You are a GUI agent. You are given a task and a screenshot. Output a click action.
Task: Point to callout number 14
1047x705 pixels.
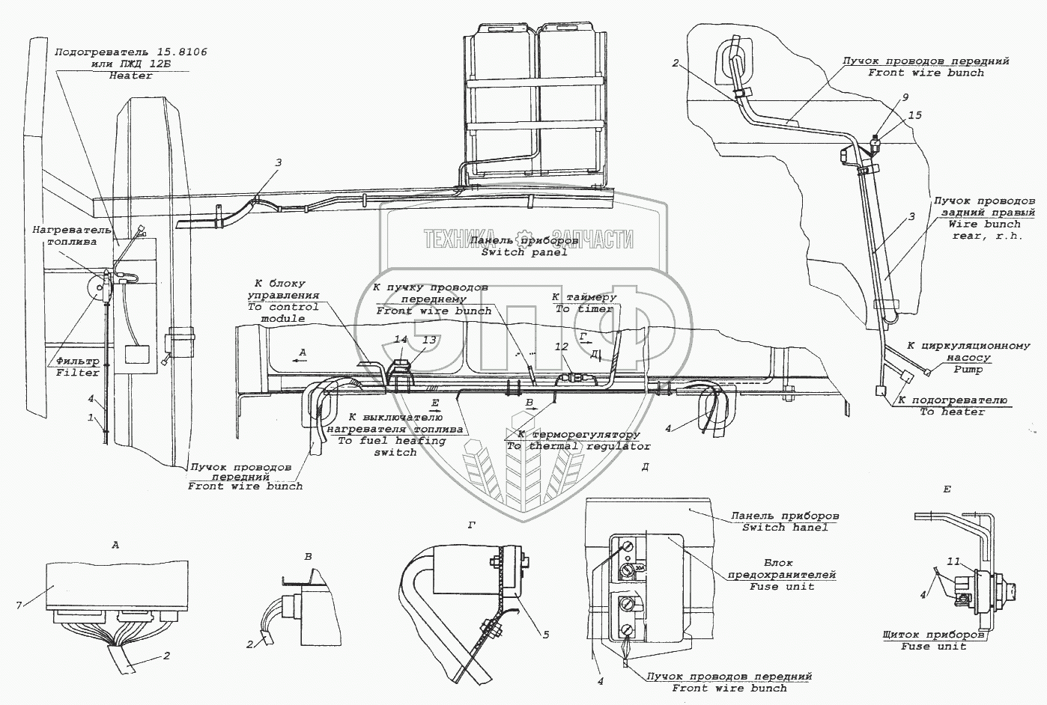click(401, 340)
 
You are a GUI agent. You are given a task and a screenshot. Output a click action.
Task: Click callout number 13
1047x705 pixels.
click(428, 340)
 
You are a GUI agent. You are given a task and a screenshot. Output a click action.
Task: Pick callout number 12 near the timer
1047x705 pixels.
click(562, 346)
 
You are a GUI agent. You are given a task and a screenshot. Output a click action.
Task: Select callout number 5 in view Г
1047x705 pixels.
click(545, 635)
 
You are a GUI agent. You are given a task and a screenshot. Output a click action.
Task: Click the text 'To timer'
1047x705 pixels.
click(584, 308)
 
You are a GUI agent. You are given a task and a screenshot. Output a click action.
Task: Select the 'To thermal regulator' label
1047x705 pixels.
click(578, 446)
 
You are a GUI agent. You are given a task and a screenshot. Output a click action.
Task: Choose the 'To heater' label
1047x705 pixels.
click(952, 412)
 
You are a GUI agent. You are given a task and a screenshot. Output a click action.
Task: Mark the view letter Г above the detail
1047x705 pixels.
click(471, 525)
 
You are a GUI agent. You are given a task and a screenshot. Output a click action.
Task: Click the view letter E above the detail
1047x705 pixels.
click(947, 489)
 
